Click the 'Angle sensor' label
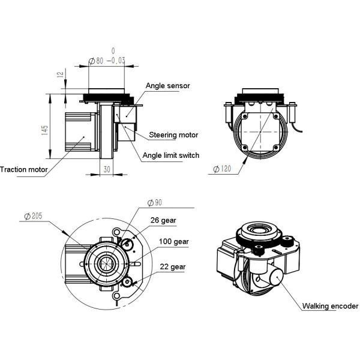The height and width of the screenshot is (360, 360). [x=167, y=86]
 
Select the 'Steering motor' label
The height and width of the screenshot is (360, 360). [x=173, y=134]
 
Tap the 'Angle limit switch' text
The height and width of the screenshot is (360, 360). [x=171, y=155]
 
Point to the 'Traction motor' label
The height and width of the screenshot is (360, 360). [x=23, y=170]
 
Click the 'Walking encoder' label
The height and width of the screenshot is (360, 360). [x=331, y=306]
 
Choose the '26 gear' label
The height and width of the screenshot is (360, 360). [x=163, y=220]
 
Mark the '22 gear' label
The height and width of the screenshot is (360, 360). [x=173, y=266]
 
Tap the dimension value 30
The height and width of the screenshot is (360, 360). [x=107, y=169]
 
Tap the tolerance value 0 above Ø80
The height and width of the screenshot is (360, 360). [x=112, y=51]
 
